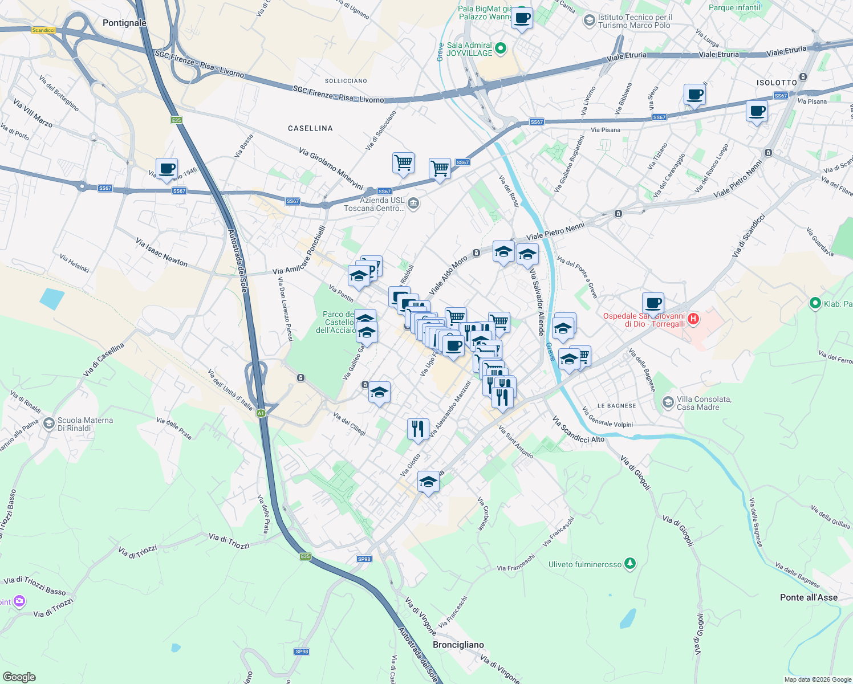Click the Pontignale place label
tap(124, 23)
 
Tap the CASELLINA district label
tap(310, 128)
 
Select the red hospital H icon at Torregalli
tap(693, 319)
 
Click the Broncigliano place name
tap(458, 645)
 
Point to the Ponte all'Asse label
tap(809, 597)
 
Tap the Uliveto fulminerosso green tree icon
tap(629, 564)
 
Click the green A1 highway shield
tap(261, 413)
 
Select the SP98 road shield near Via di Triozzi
tap(364, 559)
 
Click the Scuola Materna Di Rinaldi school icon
tap(49, 424)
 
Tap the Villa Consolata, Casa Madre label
tap(704, 403)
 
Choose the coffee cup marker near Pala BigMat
tap(522, 18)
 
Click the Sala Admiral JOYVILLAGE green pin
tap(501, 49)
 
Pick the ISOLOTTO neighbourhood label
tap(777, 83)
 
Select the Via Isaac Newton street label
tap(161, 252)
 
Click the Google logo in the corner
tap(19, 677)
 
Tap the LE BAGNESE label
tap(616, 406)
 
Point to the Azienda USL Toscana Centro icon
tap(414, 203)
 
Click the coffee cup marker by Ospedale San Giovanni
tap(653, 303)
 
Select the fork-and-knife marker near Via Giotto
tap(418, 429)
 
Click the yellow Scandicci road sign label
tap(43, 30)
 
